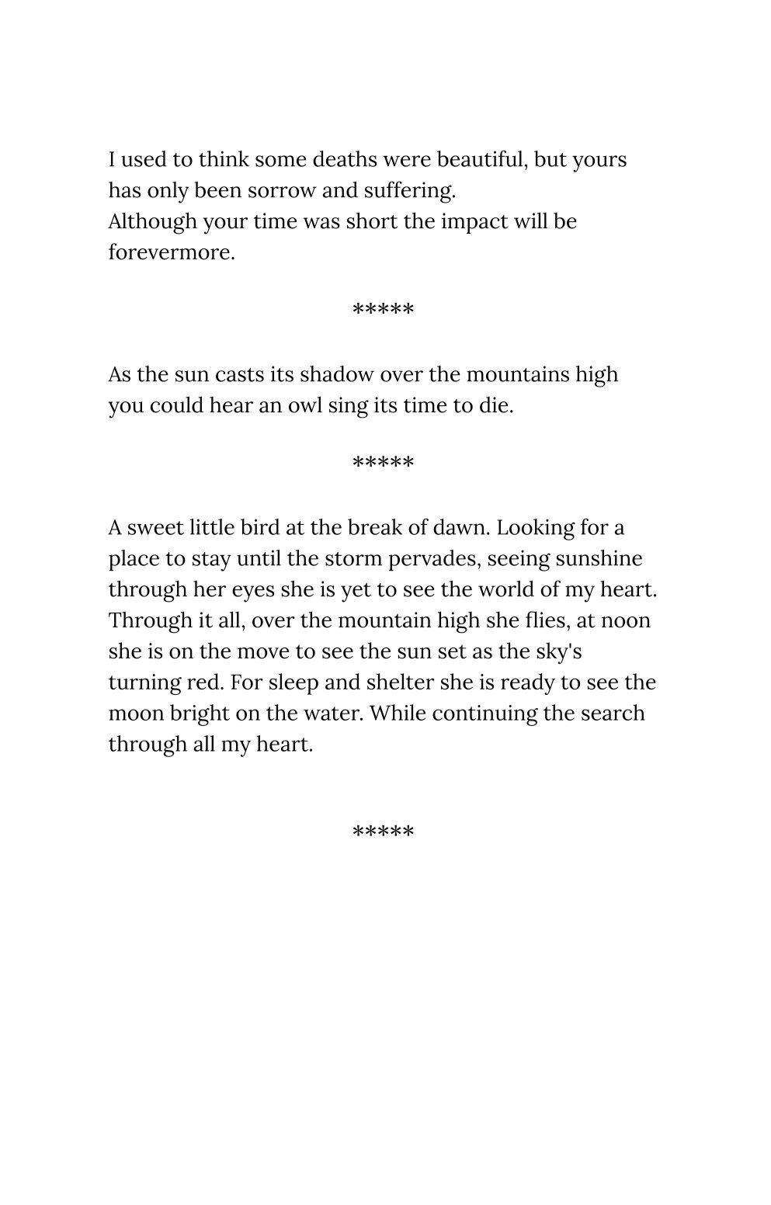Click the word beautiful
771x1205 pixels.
(x=482, y=160)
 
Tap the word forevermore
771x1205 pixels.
(x=171, y=252)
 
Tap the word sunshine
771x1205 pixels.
(x=599, y=559)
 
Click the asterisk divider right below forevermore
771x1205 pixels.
(x=383, y=311)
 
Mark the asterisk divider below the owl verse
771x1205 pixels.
(x=383, y=464)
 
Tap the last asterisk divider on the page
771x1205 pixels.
(x=383, y=832)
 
